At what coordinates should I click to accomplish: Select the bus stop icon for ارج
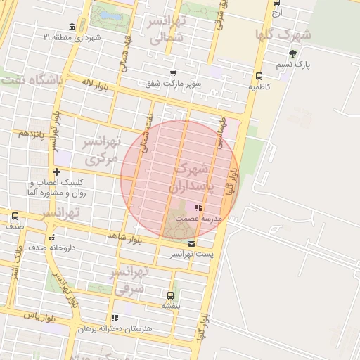[276, 3]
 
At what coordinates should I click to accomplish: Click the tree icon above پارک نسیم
[292, 53]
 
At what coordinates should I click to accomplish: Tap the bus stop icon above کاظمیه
[259, 77]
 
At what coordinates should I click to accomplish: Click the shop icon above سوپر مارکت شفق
[173, 73]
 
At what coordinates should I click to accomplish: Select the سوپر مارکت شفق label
[174, 84]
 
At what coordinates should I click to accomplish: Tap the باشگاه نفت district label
[32, 79]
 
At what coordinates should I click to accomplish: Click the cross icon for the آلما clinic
[56, 172]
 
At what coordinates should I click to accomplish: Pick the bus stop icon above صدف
[15, 216]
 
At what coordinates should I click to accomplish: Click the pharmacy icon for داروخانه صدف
[51, 237]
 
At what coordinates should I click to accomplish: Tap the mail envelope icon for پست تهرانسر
[192, 243]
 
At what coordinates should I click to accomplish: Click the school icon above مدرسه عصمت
[199, 208]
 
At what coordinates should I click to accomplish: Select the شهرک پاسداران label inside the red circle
[190, 179]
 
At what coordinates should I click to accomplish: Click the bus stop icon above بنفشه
[171, 295]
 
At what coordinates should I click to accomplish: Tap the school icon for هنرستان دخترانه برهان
[115, 318]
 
